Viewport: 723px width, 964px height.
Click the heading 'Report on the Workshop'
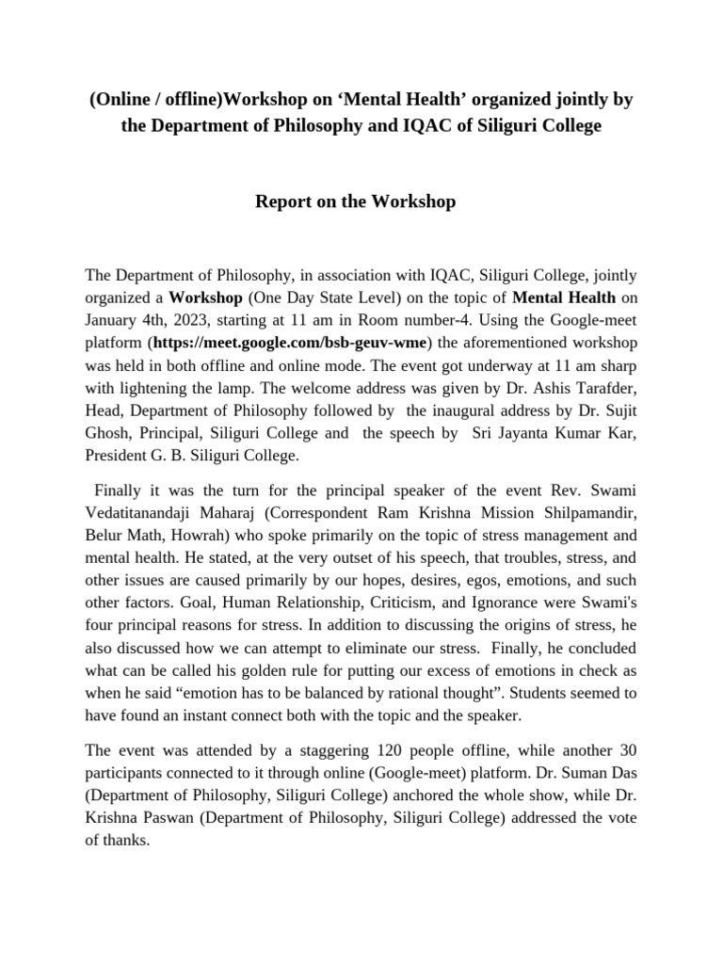click(356, 201)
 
